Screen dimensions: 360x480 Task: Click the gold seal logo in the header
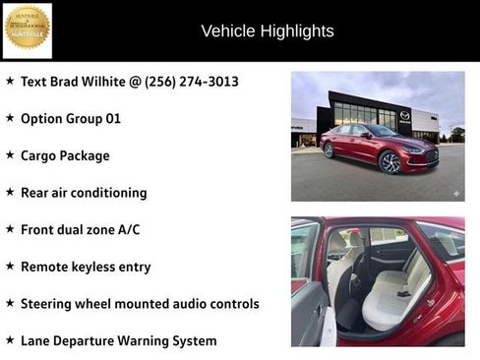click(28, 30)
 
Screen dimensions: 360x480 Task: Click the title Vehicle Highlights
click(267, 31)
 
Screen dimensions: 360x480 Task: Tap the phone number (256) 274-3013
click(192, 82)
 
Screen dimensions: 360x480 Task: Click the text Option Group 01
click(71, 119)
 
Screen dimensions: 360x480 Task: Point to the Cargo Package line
click(65, 155)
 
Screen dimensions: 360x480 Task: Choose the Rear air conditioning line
click(84, 193)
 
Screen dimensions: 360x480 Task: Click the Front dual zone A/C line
click(80, 230)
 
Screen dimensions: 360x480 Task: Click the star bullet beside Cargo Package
click(10, 155)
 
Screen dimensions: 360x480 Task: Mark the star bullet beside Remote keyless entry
click(10, 267)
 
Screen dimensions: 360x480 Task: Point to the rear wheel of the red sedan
click(329, 151)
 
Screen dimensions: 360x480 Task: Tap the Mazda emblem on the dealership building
click(404, 116)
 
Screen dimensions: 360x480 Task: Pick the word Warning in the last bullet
click(152, 341)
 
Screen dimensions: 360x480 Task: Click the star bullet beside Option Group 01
click(10, 119)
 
